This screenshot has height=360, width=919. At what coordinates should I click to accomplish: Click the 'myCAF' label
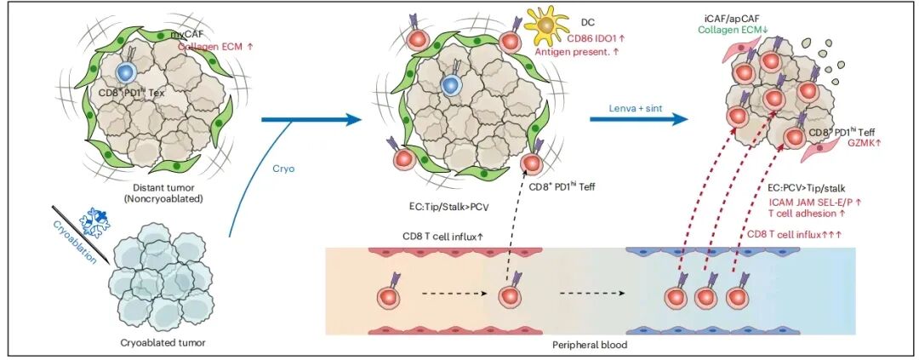coord(187,33)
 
